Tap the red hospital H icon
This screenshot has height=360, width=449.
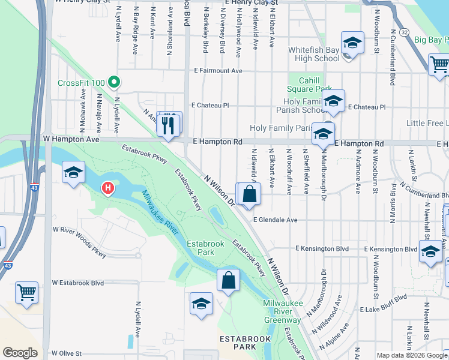[108, 188]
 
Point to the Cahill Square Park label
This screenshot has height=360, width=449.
[310, 84]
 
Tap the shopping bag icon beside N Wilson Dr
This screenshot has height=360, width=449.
[250, 194]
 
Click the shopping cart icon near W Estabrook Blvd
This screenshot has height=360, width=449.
[27, 293]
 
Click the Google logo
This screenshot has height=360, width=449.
[20, 353]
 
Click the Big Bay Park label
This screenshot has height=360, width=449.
[430, 40]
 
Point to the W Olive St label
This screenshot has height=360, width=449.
[66, 353]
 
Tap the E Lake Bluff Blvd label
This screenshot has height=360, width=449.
[387, 309]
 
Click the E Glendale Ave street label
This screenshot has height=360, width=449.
[275, 220]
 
